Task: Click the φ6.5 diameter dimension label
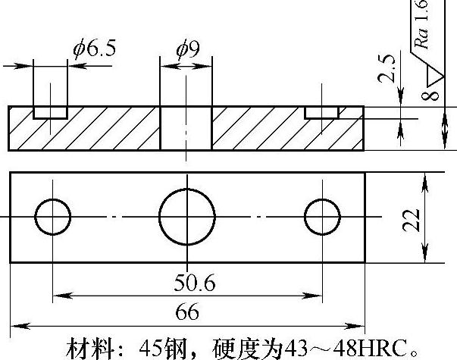(x=95, y=49)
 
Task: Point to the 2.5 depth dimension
(x=388, y=68)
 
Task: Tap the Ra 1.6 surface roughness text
(x=423, y=27)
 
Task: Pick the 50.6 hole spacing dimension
(x=194, y=283)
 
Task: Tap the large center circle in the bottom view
(x=186, y=217)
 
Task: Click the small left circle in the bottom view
(x=52, y=217)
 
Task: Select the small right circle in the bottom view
(x=323, y=217)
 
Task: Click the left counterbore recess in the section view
(x=50, y=112)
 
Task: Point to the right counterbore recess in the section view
(x=321, y=111)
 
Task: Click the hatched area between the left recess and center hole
(x=114, y=129)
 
